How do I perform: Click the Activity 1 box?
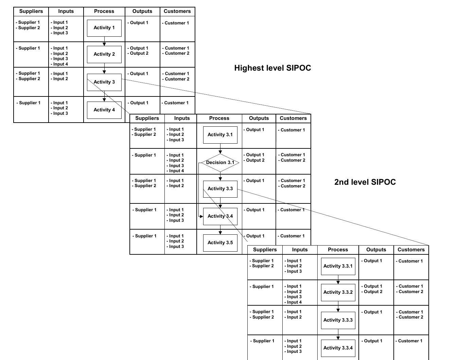[x=104, y=28]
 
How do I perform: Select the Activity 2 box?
[x=104, y=54]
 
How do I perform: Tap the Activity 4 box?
[x=104, y=110]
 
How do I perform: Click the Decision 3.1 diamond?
[x=220, y=163]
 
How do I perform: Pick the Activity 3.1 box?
[x=220, y=135]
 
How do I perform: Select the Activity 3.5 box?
[x=220, y=243]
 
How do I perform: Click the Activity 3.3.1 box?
[x=338, y=266]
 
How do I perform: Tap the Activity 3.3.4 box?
[x=338, y=348]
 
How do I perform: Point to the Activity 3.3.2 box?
[x=338, y=292]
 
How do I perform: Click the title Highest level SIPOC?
[x=272, y=68]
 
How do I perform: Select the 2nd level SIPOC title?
[x=365, y=182]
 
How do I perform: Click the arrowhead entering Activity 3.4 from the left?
[x=201, y=216]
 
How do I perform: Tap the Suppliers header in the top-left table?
[x=31, y=11]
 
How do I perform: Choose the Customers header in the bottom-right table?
[x=411, y=250]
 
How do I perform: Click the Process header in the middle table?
[x=219, y=118]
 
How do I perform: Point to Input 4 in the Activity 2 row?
[x=60, y=64]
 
